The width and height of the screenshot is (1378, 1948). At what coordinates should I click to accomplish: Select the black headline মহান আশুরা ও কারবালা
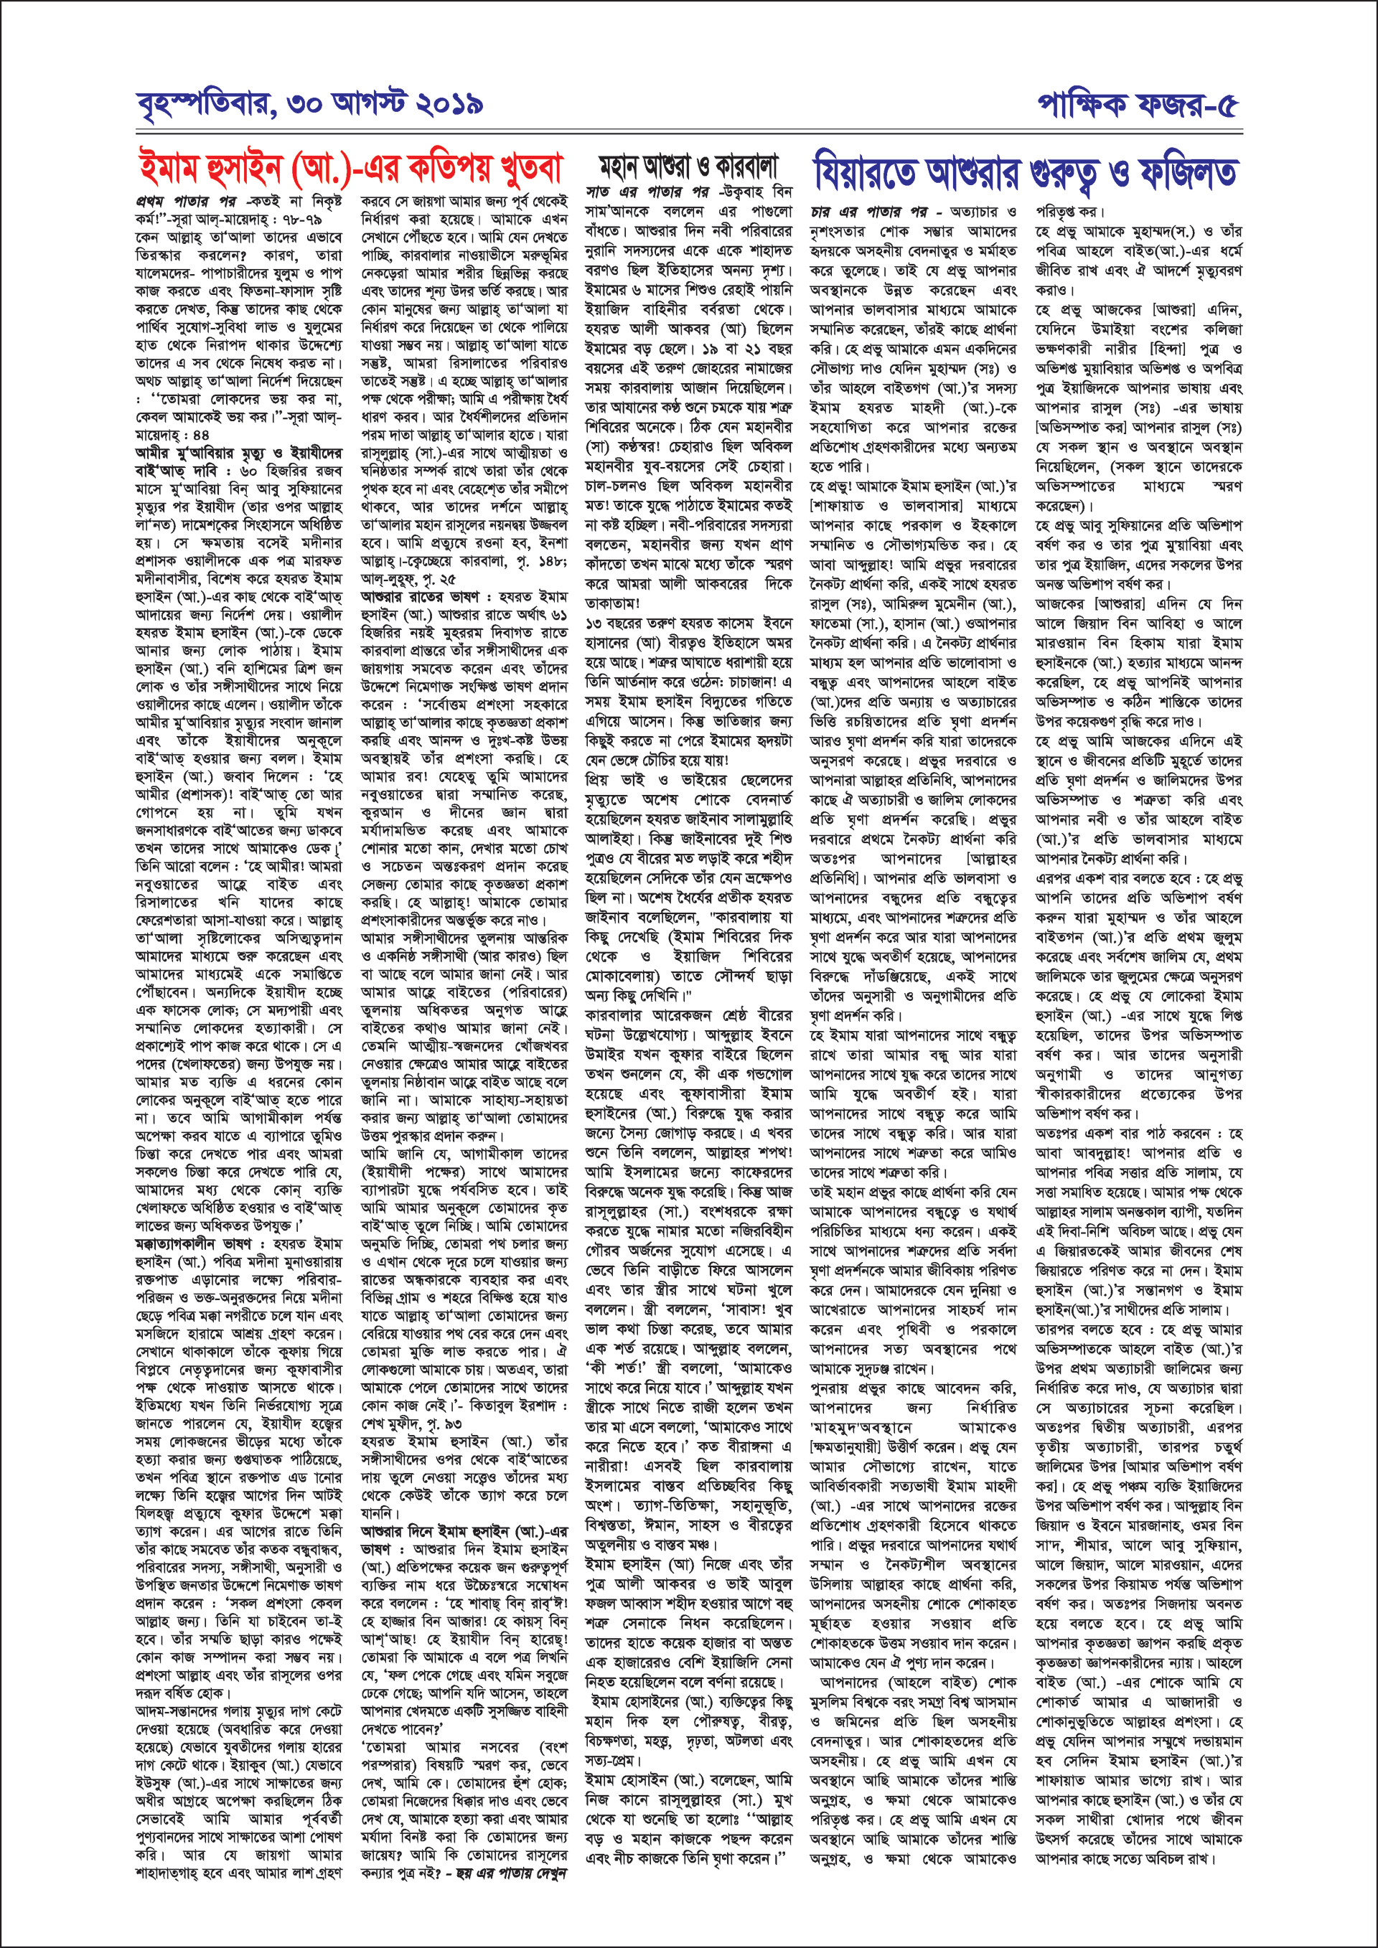pyautogui.click(x=688, y=166)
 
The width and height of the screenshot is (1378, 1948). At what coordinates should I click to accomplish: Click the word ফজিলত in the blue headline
pyautogui.click(x=1184, y=172)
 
